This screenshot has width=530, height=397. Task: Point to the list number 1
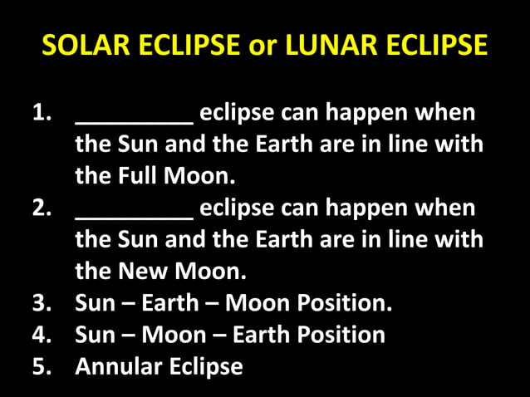(42, 113)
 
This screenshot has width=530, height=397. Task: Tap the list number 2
(42, 208)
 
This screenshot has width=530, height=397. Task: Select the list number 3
(42, 302)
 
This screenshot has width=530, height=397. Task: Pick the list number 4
(42, 334)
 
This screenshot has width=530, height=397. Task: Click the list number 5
(42, 365)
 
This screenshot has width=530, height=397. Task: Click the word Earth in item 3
(169, 302)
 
